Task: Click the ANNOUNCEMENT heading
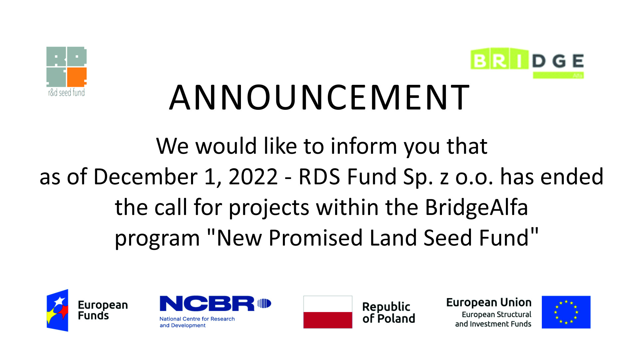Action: (x=319, y=97)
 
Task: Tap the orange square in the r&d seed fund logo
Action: (x=77, y=77)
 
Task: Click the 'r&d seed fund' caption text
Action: (x=67, y=92)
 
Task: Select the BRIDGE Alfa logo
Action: (x=527, y=63)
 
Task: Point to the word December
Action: (x=145, y=176)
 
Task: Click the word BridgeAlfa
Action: (x=477, y=208)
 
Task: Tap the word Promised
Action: (x=316, y=238)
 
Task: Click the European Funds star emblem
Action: (x=58, y=310)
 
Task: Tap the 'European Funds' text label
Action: (x=103, y=310)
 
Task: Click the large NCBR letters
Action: (x=207, y=303)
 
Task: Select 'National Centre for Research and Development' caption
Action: (x=197, y=322)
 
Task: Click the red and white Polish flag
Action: (x=328, y=312)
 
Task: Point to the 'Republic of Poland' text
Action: (x=389, y=312)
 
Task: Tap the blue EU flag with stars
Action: (x=566, y=312)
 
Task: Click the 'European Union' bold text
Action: (x=489, y=302)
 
